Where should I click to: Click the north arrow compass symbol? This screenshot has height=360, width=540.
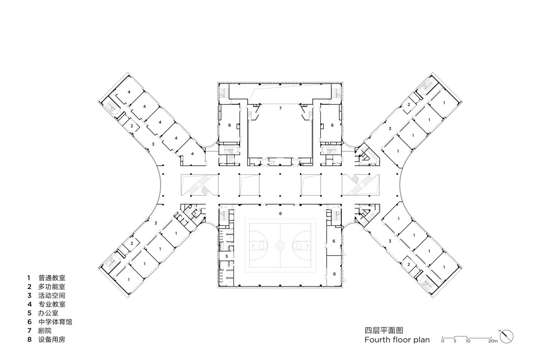pyautogui.click(x=507, y=336)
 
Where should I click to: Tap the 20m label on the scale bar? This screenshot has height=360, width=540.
pyautogui.click(x=493, y=341)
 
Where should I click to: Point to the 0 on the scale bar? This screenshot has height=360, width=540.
pyautogui.click(x=443, y=341)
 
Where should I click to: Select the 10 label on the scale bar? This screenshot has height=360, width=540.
pyautogui.click(x=467, y=341)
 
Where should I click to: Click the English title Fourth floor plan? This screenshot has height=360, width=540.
pyautogui.click(x=397, y=340)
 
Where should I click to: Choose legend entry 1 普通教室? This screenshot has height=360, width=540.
pyautogui.click(x=47, y=278)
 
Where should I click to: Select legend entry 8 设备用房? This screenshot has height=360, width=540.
pyautogui.click(x=47, y=339)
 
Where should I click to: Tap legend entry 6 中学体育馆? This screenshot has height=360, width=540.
pyautogui.click(x=50, y=322)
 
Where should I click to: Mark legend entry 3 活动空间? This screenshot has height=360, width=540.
pyautogui.click(x=47, y=295)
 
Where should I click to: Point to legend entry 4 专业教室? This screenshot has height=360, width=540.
pyautogui.click(x=47, y=304)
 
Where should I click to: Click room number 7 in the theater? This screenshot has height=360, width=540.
pyautogui.click(x=280, y=108)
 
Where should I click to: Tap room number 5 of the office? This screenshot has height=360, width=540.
pyautogui.click(x=227, y=256)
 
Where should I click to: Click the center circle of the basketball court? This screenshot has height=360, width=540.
pyautogui.click(x=280, y=245)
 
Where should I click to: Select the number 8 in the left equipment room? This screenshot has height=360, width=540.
pyautogui.click(x=229, y=125)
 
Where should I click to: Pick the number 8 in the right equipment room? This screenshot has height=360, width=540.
pyautogui.click(x=332, y=125)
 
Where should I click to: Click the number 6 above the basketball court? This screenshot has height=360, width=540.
pyautogui.click(x=280, y=214)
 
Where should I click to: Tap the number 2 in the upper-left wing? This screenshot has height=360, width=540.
pyautogui.click(x=132, y=126)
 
